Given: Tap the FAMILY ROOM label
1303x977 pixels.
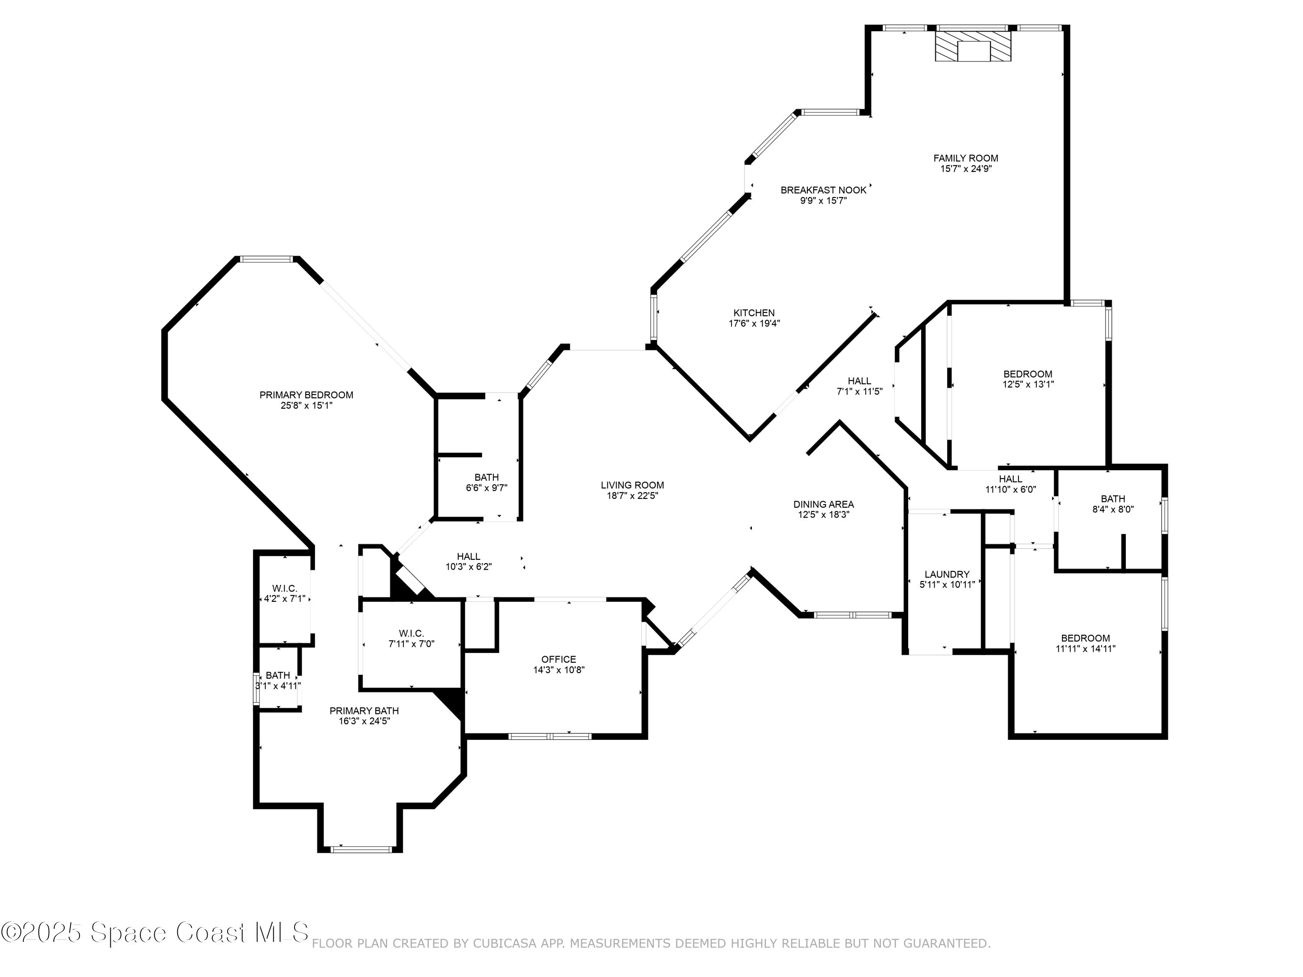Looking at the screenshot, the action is coord(966,158).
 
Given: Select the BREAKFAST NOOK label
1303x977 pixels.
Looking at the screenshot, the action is coord(823,190).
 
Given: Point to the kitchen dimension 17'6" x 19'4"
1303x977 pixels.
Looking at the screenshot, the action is coord(754,323).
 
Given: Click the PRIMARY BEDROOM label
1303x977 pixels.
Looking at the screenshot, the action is coord(306,395).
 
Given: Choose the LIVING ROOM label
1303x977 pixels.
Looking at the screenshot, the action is coord(632,485).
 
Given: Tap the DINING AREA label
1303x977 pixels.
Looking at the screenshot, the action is coord(823,504).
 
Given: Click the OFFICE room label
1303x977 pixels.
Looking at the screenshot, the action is coord(559,659).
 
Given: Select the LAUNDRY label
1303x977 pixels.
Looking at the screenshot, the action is coord(946,574).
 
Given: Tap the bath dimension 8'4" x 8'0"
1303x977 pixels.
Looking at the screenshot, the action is coord(1113,509).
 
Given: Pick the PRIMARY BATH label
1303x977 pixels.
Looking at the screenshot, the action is coord(364,711).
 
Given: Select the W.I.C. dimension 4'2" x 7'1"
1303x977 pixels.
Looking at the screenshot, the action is coord(284,599).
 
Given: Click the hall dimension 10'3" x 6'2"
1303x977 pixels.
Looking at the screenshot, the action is coord(468,567).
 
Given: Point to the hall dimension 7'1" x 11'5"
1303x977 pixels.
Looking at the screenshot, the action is coord(860,392).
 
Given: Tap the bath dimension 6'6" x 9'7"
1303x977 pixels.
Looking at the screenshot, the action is coord(486,488).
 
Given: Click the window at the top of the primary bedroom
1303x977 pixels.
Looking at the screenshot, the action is coord(266,259).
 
